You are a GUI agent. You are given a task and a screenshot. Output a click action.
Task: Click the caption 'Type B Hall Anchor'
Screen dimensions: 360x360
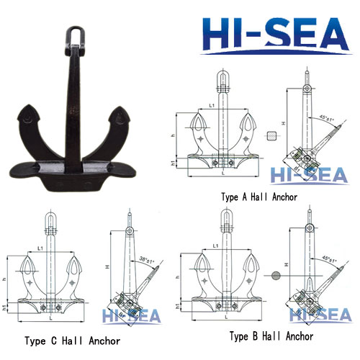(x=271, y=336)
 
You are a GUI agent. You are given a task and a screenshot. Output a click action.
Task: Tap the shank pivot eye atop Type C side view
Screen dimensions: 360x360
(x=128, y=230)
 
